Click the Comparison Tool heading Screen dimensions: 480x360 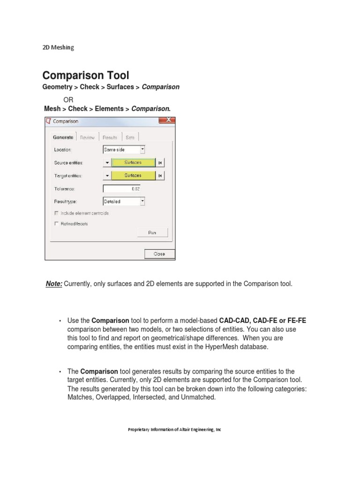pyautogui.click(x=85, y=75)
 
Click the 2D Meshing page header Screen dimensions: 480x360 pyautogui.click(x=58, y=47)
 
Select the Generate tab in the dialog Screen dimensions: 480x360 pyautogui.click(x=63, y=137)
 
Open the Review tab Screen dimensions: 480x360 pyautogui.click(x=87, y=137)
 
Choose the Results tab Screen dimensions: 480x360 pyautogui.click(x=110, y=137)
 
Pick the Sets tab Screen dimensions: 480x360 pyautogui.click(x=130, y=137)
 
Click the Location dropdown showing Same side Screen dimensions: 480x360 pyautogui.click(x=124, y=150)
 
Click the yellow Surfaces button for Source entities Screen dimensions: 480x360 pyautogui.click(x=133, y=163)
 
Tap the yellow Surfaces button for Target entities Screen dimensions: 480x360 pyautogui.click(x=133, y=175)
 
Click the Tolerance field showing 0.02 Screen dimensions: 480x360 pyautogui.click(x=122, y=188)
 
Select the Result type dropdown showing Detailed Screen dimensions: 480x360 pyautogui.click(x=124, y=202)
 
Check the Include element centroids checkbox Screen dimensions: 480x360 pyautogui.click(x=57, y=213)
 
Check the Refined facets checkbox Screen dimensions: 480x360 pyautogui.click(x=57, y=224)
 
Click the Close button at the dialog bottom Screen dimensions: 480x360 pyautogui.click(x=159, y=254)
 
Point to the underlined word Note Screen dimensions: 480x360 pyautogui.click(x=53, y=284)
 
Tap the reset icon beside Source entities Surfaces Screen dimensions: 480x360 pyautogui.click(x=160, y=163)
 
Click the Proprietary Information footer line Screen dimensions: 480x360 pyautogui.click(x=174, y=429)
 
